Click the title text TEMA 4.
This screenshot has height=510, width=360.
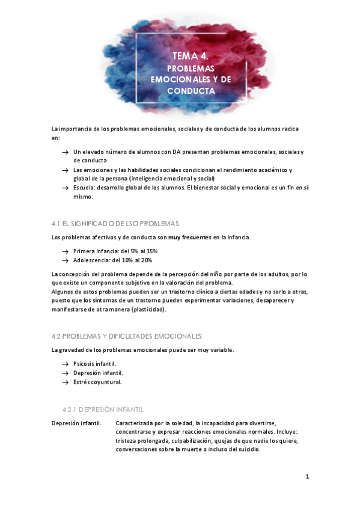(191, 56)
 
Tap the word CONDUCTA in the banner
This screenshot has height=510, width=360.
(191, 91)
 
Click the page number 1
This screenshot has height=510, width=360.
(307, 477)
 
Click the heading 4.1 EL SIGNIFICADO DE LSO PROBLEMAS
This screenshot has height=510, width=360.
(115, 224)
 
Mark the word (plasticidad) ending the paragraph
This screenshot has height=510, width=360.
(145, 309)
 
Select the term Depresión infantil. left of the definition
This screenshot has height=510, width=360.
(76, 423)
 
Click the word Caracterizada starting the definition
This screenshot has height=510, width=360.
(136, 423)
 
